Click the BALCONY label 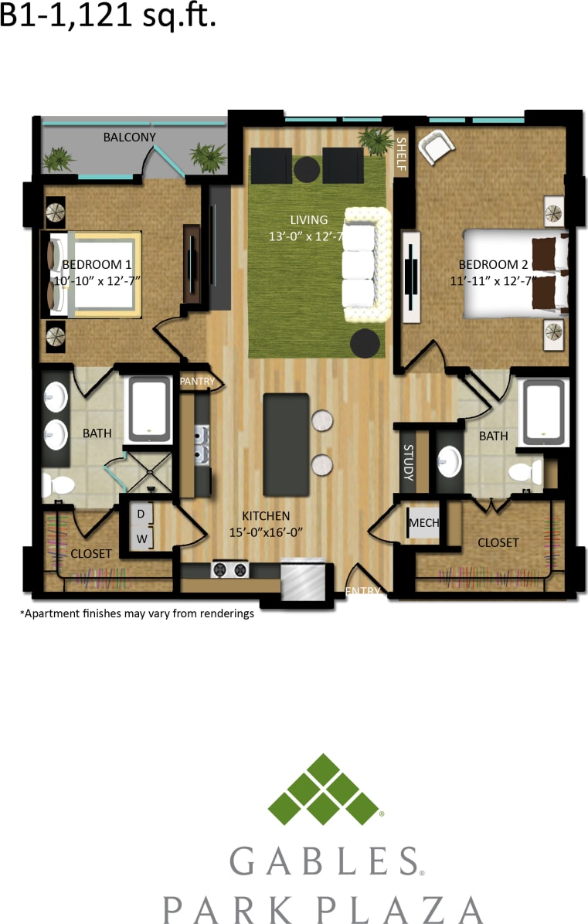click(x=130, y=138)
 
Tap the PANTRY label click(x=197, y=382)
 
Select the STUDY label click(x=408, y=463)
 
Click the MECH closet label click(x=423, y=523)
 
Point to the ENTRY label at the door click(x=363, y=591)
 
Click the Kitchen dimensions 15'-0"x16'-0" click(x=266, y=532)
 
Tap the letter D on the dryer click(x=141, y=514)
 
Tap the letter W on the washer click(x=141, y=538)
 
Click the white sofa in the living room click(x=359, y=265)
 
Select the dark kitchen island click(x=286, y=444)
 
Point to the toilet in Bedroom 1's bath click(x=58, y=485)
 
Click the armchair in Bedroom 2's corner click(x=437, y=147)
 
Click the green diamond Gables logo click(x=324, y=790)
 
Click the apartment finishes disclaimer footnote click(x=137, y=614)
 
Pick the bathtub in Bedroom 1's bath click(x=149, y=409)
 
